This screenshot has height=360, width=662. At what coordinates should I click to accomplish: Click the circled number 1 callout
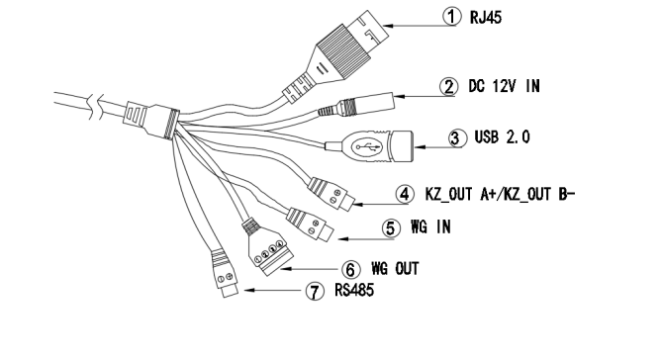coord(452,17)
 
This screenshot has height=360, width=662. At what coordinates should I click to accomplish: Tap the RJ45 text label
coord(486,17)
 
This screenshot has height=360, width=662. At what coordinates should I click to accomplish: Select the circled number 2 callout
coord(449,86)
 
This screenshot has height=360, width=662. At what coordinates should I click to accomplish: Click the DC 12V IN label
coord(504,86)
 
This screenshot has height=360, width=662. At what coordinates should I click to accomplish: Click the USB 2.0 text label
coord(502,137)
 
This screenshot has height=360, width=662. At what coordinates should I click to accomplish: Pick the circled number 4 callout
coord(405,195)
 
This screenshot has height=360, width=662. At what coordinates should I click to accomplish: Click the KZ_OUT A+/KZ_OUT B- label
coord(501,194)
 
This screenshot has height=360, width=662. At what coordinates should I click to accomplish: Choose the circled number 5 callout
coord(391,227)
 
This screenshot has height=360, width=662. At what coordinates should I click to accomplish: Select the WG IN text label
coord(430,226)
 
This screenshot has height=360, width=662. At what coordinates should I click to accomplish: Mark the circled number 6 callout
coord(350,269)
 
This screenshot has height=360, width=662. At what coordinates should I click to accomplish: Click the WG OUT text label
coord(395,268)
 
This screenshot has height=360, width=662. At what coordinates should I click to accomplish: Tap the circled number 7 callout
coord(315,291)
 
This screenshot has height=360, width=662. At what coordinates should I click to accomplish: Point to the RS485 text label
coord(354,290)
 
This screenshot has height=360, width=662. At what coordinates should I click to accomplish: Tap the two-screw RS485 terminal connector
coord(224,273)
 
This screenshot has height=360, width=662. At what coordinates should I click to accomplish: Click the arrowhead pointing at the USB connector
coord(421,147)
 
